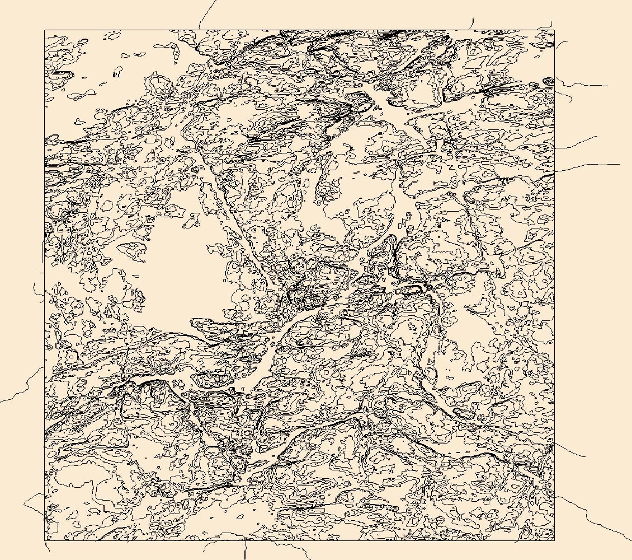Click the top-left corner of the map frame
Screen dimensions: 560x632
coord(45,30)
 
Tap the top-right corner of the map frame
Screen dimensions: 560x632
coord(554,30)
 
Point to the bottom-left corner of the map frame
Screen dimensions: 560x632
coord(45,540)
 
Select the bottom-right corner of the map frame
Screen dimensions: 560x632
coord(554,540)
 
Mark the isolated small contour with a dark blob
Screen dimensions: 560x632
coord(117,73)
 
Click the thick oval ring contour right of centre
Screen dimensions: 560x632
coord(411,290)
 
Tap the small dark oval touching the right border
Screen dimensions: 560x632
coord(549,82)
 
